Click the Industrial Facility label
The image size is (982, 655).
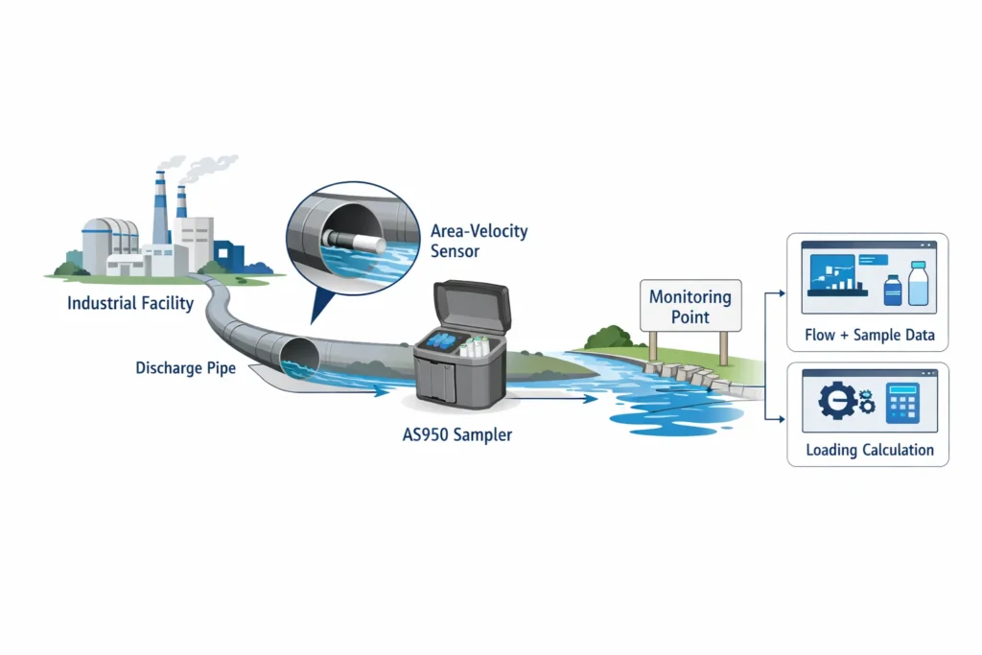(x=130, y=303)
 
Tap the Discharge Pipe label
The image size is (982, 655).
(x=185, y=367)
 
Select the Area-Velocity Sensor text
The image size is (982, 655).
(x=479, y=241)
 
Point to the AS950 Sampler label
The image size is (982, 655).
(x=456, y=434)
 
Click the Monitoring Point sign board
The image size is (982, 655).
(x=690, y=307)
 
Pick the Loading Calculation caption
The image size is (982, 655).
(x=870, y=450)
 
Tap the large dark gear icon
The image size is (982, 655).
(x=836, y=401)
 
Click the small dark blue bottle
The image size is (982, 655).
(x=892, y=291)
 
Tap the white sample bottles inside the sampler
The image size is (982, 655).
(x=477, y=344)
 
